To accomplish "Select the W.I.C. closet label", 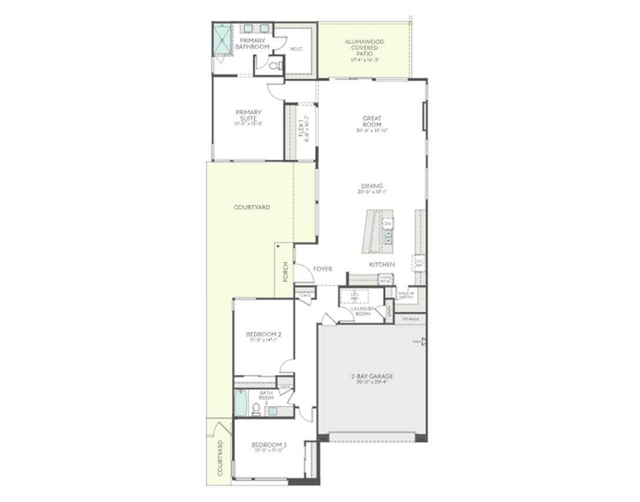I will pyautogui.click(x=296, y=49).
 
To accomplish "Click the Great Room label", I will pyautogui.click(x=372, y=122).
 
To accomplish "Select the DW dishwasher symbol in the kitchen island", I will pyautogui.click(x=388, y=224).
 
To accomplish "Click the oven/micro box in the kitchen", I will pyautogui.click(x=385, y=279).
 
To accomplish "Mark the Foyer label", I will pyautogui.click(x=322, y=269).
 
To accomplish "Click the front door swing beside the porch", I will pyautogui.click(x=303, y=273).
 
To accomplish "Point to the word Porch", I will pyautogui.click(x=285, y=271).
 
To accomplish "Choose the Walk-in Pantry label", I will pyautogui.click(x=406, y=295).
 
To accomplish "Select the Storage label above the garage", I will pyautogui.click(x=410, y=319).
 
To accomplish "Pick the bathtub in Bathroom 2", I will pyautogui.click(x=241, y=402).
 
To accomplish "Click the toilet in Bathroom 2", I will pyautogui.click(x=256, y=409).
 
